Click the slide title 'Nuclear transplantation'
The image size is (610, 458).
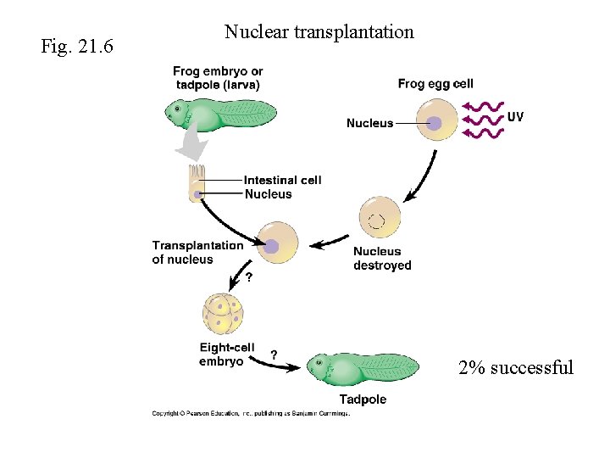point(319,32)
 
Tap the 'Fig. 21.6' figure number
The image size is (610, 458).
point(77,45)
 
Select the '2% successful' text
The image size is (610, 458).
point(515,367)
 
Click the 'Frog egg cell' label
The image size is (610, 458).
point(435,84)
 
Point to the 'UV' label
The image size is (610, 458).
point(514,116)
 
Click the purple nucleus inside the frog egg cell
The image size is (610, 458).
point(435,124)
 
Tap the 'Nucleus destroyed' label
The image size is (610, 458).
point(382,258)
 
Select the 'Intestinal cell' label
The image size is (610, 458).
point(282,180)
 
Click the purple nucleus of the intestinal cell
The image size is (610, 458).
point(198,194)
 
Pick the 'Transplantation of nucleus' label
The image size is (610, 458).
point(197,252)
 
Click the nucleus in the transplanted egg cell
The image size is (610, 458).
point(272,246)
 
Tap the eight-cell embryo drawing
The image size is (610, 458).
point(224,313)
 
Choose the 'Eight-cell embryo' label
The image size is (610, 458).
point(226,355)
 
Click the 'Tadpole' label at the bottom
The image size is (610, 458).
point(363,399)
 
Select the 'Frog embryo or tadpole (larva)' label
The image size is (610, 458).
point(218,77)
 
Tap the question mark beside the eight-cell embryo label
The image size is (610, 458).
point(274,355)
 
